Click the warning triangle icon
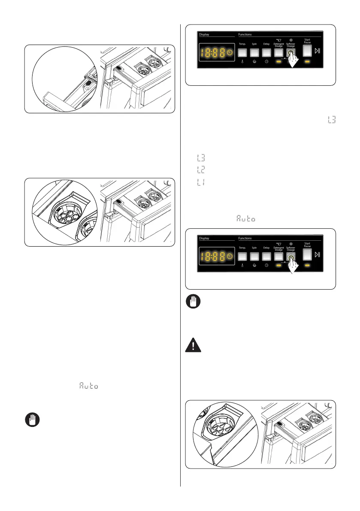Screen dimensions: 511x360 tap(193, 345)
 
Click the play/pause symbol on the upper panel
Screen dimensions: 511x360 tap(318, 52)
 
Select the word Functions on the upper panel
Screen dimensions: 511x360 tap(245, 34)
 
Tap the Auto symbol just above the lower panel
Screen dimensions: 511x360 tap(245, 219)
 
